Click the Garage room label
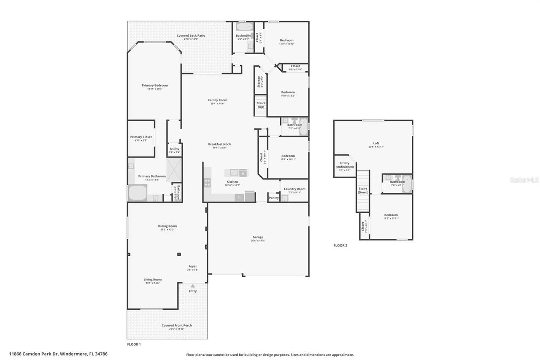click(258, 237)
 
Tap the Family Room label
click(217, 100)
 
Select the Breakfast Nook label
click(219, 144)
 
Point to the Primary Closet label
click(141, 137)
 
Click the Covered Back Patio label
click(191, 36)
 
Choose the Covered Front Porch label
click(176, 325)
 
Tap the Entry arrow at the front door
click(193, 286)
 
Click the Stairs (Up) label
click(261, 105)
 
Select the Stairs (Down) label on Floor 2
click(363, 190)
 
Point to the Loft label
click(376, 143)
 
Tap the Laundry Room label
click(294, 189)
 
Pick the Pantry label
click(273, 198)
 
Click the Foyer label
click(192, 267)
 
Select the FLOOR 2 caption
click(340, 245)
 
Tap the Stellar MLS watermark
click(524, 180)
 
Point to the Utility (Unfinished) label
click(345, 165)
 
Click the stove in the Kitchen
click(207, 182)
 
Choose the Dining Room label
click(167, 226)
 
